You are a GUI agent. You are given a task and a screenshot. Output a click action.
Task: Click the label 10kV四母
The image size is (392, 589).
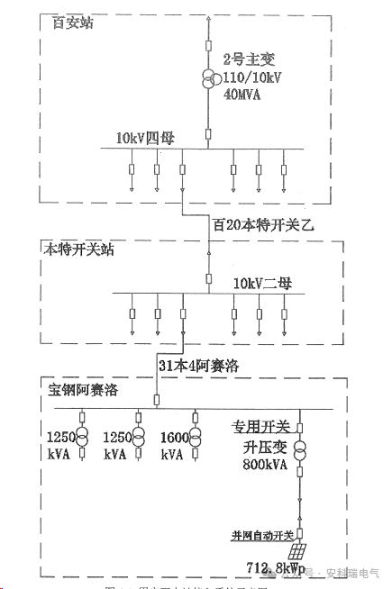[149, 138]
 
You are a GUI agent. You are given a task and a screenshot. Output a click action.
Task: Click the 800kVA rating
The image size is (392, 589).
[263, 465]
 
